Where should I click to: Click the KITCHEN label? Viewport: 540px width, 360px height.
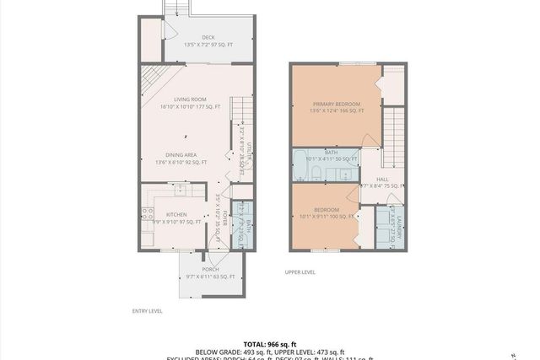tap(176, 214)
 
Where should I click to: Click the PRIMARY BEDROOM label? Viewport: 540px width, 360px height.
tap(336, 104)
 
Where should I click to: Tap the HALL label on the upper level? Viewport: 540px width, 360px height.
tap(382, 179)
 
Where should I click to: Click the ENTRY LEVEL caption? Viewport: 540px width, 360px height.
tap(147, 311)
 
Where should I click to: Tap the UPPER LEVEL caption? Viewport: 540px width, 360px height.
tap(300, 272)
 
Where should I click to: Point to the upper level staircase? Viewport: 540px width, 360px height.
tap(393, 135)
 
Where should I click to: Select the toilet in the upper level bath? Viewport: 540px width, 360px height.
tap(316, 175)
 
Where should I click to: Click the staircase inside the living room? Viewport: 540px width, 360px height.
tap(241, 114)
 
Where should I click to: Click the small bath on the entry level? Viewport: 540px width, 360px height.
tap(241, 225)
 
